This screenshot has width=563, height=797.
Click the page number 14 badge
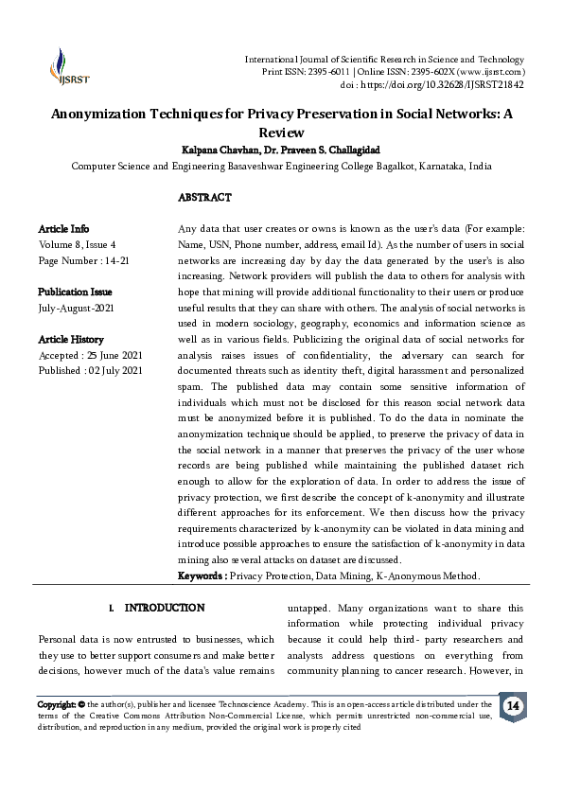(513, 707)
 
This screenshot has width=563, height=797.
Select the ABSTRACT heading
(204, 198)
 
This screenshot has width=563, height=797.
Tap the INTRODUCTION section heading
(164, 607)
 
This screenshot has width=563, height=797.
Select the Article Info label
(63, 229)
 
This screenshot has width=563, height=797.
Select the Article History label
(71, 340)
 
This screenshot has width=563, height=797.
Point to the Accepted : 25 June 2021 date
(90, 355)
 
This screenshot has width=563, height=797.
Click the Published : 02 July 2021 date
(90, 370)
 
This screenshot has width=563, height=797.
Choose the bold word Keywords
(202, 576)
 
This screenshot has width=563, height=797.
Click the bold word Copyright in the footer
(56, 705)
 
